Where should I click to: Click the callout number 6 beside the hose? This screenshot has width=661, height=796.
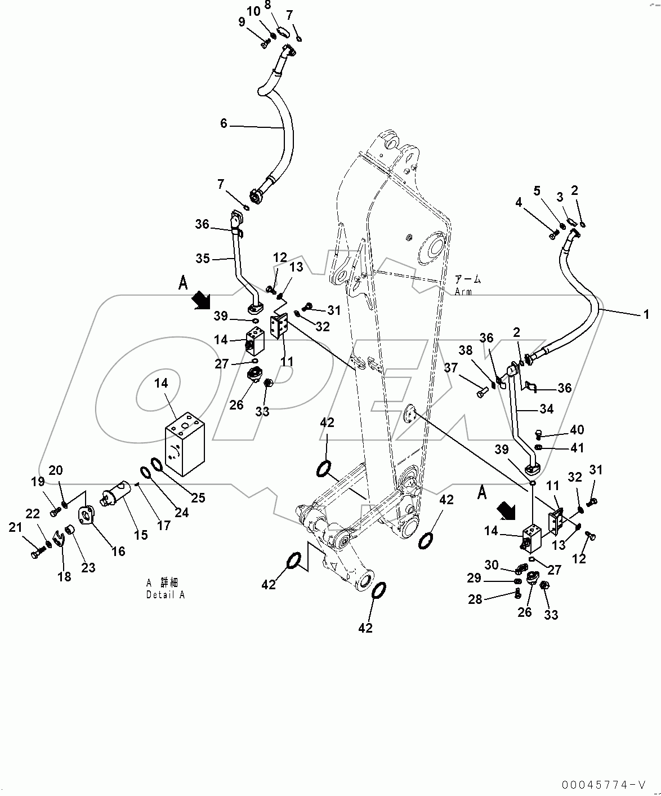224,123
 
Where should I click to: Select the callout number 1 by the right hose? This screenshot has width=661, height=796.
646,314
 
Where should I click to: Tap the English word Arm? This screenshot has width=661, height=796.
463,292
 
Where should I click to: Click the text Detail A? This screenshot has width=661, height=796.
165,595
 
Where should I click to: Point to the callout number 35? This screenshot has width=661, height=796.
203,259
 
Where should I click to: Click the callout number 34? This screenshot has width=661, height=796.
546,409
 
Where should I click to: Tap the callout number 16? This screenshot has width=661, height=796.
118,550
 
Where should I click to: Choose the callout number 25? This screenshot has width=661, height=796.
198,497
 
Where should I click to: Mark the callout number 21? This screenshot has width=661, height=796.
15,527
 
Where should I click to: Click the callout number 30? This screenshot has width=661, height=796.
492,565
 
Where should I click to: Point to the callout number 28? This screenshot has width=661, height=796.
475,599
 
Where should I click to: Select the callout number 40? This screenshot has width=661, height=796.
577,430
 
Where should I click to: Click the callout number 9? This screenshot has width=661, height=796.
242,22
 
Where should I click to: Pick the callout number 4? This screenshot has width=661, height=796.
518,202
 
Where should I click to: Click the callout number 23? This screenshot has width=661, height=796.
88,568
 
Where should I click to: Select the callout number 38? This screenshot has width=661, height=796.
465,350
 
